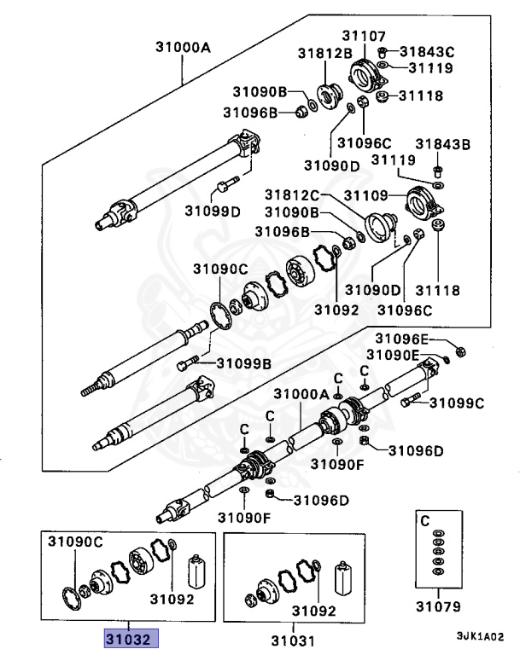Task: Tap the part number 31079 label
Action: pos(438,607)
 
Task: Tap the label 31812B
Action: pos(324,53)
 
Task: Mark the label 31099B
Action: pos(243,363)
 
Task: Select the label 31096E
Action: pos(404,338)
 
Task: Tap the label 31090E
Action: pos(393,354)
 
